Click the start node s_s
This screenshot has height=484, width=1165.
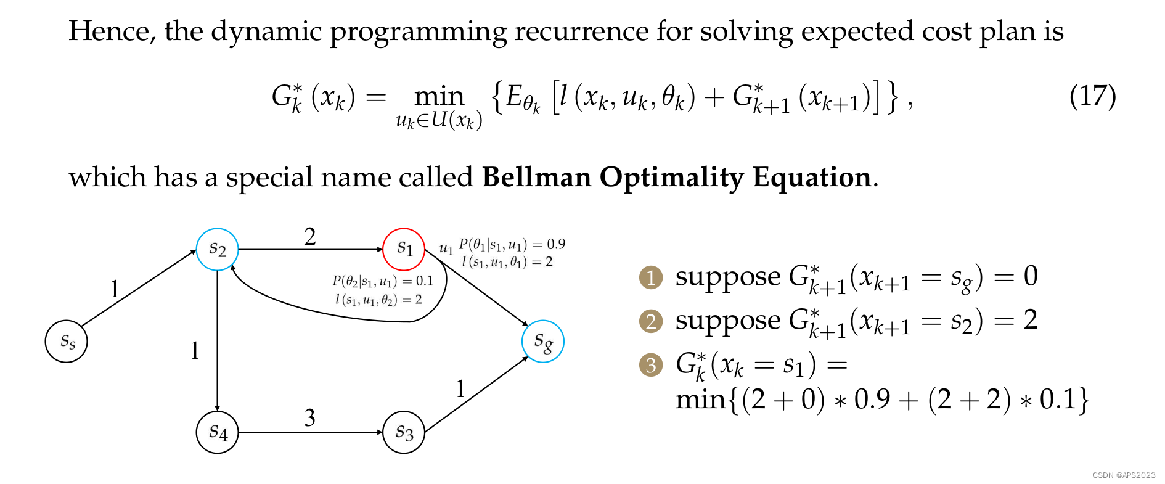67,342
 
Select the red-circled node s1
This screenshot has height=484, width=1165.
404,249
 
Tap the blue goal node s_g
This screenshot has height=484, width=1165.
542,342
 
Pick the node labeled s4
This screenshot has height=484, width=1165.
218,432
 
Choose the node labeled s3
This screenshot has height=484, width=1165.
404,432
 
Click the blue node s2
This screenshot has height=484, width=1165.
218,249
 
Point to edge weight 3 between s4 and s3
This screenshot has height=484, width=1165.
310,418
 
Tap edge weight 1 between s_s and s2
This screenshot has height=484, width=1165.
115,289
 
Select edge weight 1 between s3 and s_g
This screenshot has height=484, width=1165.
460,389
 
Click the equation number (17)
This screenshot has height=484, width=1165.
1092,96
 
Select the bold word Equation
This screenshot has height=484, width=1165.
812,178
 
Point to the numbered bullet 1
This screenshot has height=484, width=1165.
651,278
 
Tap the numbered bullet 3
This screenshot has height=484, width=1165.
651,366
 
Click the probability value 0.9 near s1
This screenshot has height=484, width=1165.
556,245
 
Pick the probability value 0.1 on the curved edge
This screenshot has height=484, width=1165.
424,282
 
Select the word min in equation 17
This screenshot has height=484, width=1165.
439,97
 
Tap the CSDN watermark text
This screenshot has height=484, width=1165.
1124,475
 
